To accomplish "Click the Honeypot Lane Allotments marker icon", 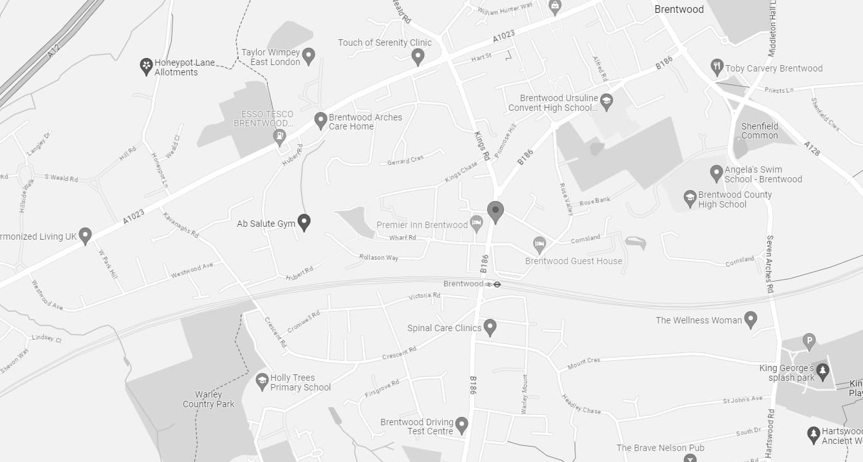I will tap(147, 66).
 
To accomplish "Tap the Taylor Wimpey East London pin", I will tap(308, 55).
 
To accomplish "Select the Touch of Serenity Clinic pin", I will tap(418, 57).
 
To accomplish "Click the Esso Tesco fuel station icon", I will tap(280, 137).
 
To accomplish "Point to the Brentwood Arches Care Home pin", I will tap(320, 120).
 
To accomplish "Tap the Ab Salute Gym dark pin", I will tap(304, 222).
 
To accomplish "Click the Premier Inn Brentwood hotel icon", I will tap(477, 224).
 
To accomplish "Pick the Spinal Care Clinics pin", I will tap(490, 327).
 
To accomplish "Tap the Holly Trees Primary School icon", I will tap(262, 381).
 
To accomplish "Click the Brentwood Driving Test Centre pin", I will tap(461, 425).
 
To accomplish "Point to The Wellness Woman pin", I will tap(750, 319).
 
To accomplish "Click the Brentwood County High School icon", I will tap(690, 198).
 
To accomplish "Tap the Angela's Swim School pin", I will tap(716, 173).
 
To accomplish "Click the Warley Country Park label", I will tap(209, 399).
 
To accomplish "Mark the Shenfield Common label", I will tap(759, 131).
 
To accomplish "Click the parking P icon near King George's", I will tap(809, 341).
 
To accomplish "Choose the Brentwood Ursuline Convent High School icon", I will tap(606, 101).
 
